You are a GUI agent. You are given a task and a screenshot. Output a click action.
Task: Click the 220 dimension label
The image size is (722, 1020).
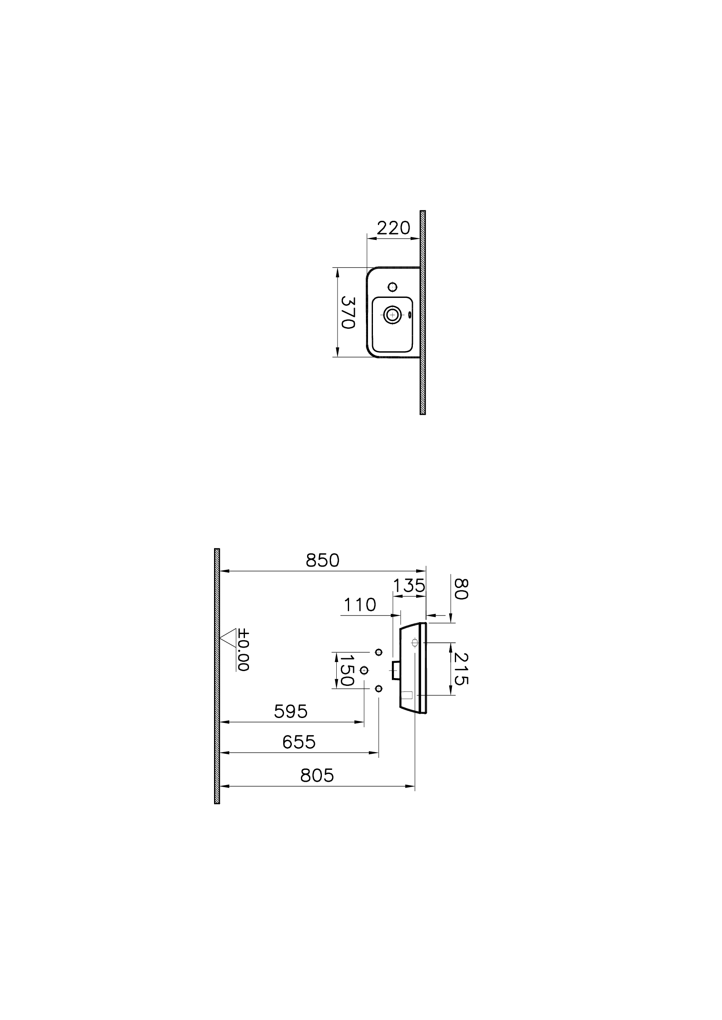point(393,228)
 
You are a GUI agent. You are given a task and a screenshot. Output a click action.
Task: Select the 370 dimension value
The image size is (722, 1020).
point(347,312)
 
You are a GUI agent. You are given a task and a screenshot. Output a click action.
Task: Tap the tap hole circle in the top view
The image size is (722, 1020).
point(392,287)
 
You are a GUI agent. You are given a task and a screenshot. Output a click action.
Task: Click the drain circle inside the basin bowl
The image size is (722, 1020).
point(392,315)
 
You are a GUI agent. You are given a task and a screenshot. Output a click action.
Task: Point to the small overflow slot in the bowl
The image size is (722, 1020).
point(410,315)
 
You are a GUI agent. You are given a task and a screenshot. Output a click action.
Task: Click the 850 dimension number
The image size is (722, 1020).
point(322,561)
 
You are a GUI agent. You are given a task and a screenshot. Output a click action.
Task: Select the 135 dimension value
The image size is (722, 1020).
point(409,586)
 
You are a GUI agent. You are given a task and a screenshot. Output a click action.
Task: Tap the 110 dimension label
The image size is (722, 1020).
point(360,605)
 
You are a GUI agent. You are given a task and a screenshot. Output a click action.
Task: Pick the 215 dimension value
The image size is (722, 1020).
point(461,669)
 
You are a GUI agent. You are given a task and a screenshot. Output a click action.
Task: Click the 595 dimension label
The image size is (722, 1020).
point(290,712)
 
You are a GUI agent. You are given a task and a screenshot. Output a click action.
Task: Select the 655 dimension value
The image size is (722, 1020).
point(299,742)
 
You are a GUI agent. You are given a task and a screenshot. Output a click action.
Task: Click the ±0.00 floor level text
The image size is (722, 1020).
point(243,650)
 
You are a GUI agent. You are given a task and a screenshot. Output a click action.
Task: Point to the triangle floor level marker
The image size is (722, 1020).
point(228,637)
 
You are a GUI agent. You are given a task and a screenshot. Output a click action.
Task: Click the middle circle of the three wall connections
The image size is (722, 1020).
point(364,670)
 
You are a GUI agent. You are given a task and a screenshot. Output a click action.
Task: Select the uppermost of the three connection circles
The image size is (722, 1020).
point(378,652)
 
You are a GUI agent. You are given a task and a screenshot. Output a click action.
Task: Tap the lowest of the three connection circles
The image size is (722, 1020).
point(378,688)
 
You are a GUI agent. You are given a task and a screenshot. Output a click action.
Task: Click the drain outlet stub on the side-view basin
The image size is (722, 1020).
point(396,670)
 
